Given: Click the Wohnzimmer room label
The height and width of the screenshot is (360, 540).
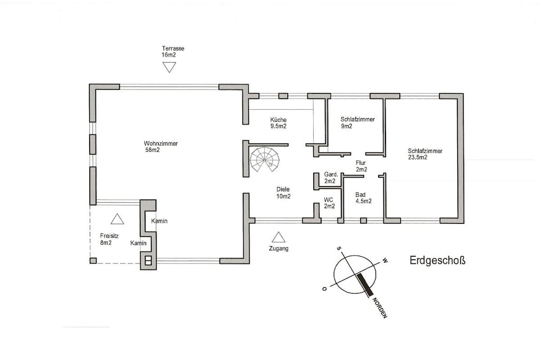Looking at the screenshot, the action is (161, 143).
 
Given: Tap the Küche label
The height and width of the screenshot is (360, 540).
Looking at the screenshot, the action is (278, 120).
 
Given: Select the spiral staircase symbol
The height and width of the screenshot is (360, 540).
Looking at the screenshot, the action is (265, 160).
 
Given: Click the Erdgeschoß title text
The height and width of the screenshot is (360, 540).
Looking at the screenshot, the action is (437, 260).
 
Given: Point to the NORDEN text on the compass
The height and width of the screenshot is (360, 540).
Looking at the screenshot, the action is (380, 308).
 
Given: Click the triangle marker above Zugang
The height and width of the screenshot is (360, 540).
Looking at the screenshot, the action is (278, 237).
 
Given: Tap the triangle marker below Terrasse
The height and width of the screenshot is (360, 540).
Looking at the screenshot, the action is (169, 67).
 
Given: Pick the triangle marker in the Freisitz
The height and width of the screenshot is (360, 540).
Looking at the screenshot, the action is (117, 219).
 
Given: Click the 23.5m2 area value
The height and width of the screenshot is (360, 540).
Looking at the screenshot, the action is (418, 157).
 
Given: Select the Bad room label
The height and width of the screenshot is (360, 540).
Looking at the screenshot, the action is (361, 195).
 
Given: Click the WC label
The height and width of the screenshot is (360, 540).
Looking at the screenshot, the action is (328, 200).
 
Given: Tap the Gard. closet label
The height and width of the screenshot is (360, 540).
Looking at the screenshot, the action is (331, 174).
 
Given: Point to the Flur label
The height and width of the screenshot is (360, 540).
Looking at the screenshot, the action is (361, 163).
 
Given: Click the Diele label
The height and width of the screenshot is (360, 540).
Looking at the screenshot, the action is (283, 189).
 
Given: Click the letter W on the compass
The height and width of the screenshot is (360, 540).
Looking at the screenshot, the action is (385, 260).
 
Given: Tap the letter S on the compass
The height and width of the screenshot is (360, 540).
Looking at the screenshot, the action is (339, 248).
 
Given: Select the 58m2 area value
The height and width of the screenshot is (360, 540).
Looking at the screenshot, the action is (152, 150).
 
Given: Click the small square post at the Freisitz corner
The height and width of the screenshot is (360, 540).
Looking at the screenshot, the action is (93, 260).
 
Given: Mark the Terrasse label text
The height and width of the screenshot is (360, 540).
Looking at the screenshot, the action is (173, 48).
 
